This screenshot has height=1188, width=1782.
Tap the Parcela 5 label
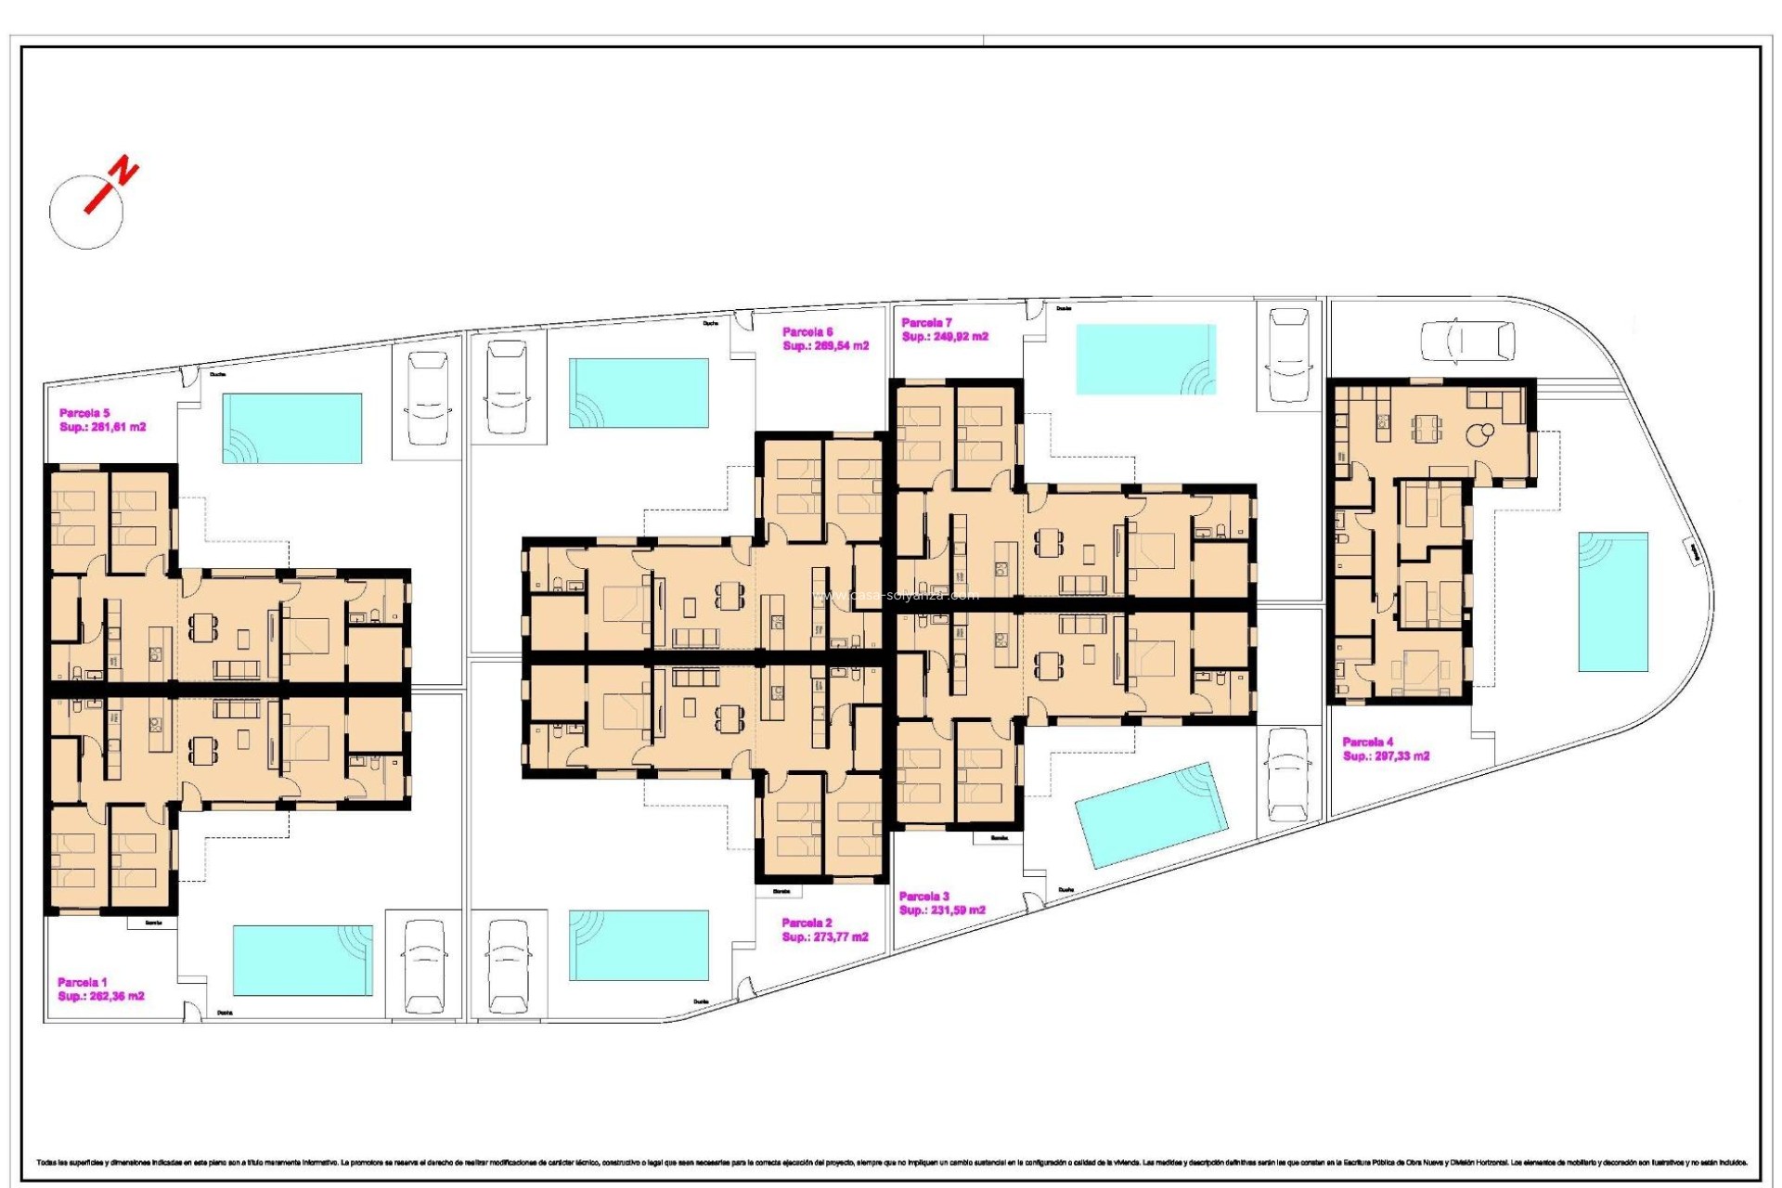pos(84,413)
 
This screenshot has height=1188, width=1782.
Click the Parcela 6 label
pos(807,331)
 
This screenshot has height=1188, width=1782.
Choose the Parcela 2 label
pos(807,923)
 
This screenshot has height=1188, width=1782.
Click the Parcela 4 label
pos(1368,742)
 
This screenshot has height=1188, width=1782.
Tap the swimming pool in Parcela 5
pos(291,428)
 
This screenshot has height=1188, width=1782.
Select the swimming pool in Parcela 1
pos(303,960)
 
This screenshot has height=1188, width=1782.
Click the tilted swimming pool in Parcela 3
pos(1151,815)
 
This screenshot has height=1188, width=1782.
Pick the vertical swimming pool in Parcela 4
pos(1613,601)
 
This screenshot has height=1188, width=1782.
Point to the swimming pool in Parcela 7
pos(1145,359)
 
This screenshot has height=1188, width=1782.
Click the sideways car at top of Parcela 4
pos(1467,340)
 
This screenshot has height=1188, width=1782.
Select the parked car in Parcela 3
pos(1288,774)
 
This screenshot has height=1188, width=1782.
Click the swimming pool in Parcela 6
pos(639,393)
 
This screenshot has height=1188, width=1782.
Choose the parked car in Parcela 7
pos(1288,355)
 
